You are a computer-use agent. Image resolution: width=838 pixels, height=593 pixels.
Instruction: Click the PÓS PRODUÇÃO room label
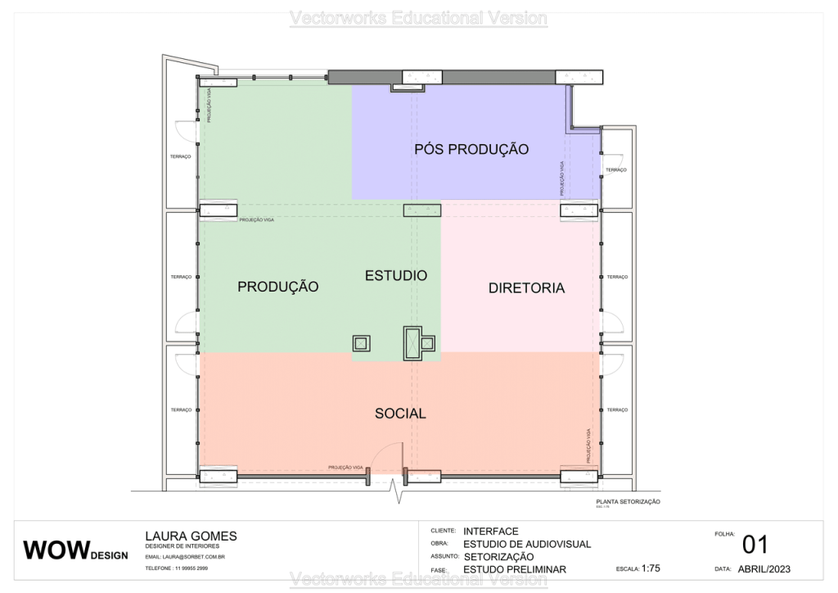tap(471, 149)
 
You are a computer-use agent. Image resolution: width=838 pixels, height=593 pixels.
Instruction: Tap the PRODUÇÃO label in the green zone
tap(277, 287)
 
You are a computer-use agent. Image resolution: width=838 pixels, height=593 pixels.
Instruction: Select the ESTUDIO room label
tap(396, 275)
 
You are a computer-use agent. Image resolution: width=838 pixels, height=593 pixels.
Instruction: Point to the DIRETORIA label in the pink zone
tap(526, 287)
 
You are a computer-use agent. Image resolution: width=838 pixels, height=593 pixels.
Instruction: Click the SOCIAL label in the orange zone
tap(400, 414)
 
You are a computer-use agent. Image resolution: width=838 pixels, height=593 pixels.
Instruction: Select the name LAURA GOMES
tap(191, 536)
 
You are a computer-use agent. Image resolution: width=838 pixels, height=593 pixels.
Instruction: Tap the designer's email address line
tap(184, 557)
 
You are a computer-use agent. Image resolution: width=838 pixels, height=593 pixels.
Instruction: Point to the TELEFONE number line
tap(176, 568)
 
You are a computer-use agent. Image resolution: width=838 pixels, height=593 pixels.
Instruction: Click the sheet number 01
tap(755, 545)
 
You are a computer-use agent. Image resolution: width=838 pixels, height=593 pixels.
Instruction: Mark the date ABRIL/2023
tap(764, 568)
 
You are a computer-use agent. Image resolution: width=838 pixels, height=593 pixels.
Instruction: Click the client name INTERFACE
tap(490, 531)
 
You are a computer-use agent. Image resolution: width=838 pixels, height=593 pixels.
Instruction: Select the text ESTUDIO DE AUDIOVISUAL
tap(526, 544)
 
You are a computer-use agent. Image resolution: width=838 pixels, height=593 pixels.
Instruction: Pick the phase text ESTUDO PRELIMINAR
tap(514, 569)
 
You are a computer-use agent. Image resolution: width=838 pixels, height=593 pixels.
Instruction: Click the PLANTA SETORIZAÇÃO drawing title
tap(628, 501)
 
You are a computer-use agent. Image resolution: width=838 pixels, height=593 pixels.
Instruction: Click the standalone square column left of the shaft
tap(361, 343)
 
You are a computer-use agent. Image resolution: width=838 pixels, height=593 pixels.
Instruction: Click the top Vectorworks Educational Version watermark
tap(419, 18)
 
